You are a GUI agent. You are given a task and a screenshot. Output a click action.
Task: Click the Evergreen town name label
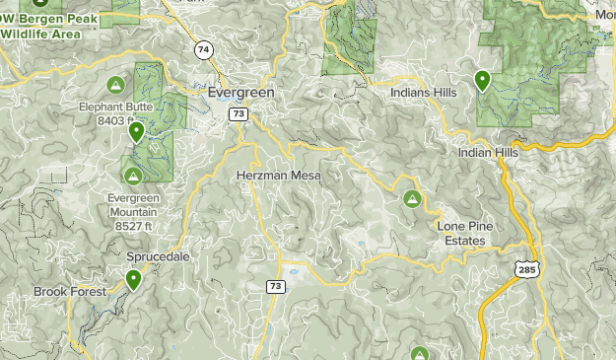click(241, 92)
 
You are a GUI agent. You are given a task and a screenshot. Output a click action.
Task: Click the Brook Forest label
click(68, 292)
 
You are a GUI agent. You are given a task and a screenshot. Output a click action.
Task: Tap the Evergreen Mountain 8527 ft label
click(132, 211)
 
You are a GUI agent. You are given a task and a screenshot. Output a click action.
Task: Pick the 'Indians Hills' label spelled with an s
click(423, 93)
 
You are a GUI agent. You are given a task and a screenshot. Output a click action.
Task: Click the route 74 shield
click(203, 49)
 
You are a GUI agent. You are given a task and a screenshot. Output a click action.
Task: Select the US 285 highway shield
click(523, 267)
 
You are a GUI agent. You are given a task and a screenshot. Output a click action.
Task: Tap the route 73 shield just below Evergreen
click(239, 114)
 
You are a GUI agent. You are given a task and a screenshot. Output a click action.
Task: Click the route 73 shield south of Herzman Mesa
click(275, 287)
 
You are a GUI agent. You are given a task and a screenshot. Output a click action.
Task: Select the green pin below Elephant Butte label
click(137, 131)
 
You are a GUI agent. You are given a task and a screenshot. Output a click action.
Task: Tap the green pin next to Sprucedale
click(132, 281)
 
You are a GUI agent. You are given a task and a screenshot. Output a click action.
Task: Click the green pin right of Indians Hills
click(482, 80)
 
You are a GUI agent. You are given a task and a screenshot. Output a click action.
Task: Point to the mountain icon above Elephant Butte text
click(115, 84)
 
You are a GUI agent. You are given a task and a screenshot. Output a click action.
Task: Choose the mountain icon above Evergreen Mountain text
click(132, 175)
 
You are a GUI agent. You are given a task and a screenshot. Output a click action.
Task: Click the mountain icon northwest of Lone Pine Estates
click(412, 199)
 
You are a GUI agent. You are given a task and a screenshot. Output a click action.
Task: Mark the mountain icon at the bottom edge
click(419, 353)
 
